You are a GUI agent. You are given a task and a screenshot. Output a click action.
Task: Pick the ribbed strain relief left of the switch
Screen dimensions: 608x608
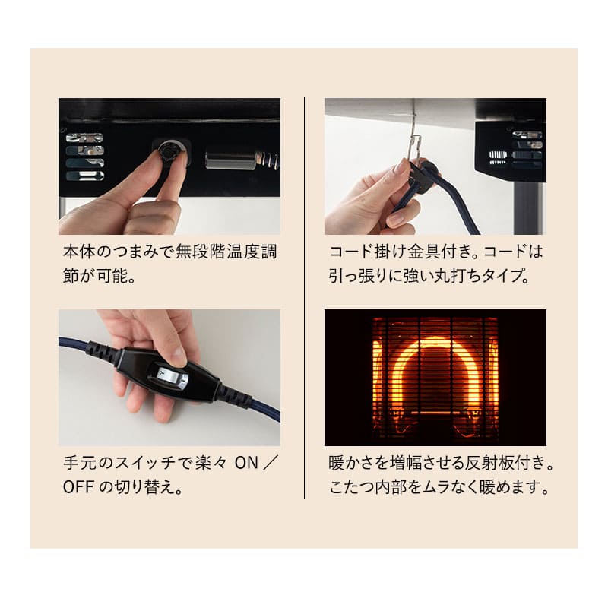pos(100,351)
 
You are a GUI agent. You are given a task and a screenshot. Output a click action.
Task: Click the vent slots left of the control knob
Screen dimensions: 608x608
pos(84,157)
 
